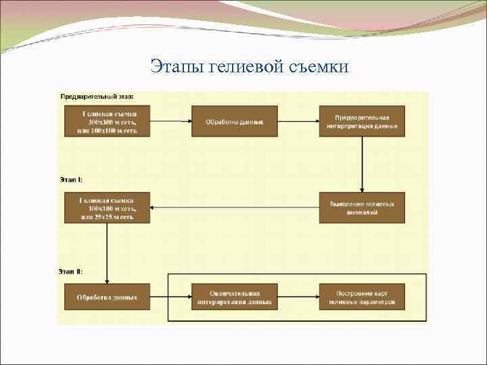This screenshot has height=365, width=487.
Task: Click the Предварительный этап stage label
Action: point(97,97)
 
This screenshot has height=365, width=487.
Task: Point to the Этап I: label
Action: point(70,180)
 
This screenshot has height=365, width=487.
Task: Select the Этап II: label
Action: point(71,272)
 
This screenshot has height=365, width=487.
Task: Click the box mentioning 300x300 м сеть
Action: point(107,122)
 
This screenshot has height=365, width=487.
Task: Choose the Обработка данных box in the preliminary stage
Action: point(234,122)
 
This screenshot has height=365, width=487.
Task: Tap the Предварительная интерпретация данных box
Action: point(362,122)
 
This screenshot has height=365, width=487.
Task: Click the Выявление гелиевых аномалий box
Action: point(362,208)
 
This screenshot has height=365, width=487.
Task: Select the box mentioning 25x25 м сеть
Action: point(107,208)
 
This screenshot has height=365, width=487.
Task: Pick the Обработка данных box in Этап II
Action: point(107,297)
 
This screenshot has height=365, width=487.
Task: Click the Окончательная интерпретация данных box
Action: point(234,297)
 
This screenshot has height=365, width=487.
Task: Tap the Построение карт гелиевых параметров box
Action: point(362,297)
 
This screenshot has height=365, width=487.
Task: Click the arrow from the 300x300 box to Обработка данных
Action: point(170,122)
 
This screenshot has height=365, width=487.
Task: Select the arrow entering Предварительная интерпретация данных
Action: point(298,122)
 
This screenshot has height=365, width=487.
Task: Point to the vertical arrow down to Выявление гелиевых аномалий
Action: point(362,165)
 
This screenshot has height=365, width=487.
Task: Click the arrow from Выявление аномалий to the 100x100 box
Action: point(234,208)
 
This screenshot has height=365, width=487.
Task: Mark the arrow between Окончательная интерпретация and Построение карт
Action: point(298,297)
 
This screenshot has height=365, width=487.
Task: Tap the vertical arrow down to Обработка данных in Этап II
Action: point(107,253)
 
